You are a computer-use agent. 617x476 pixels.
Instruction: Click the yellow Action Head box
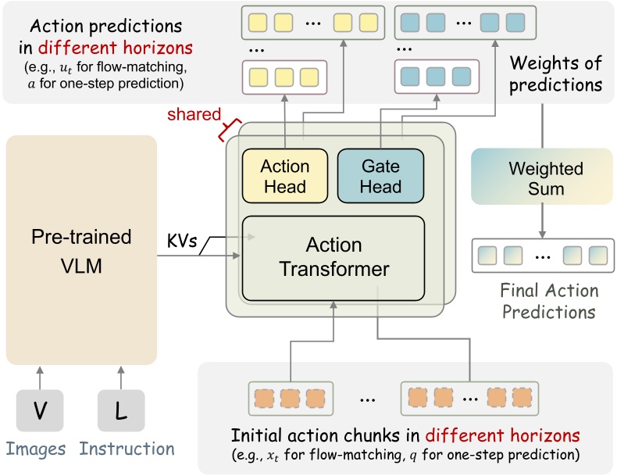click(284, 177)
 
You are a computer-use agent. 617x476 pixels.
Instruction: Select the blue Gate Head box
click(380, 177)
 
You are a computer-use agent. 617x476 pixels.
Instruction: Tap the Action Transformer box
click(333, 258)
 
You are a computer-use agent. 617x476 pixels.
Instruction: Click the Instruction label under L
click(127, 449)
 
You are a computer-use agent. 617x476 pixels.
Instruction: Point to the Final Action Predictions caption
click(549, 302)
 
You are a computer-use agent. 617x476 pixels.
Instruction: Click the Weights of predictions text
click(556, 73)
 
